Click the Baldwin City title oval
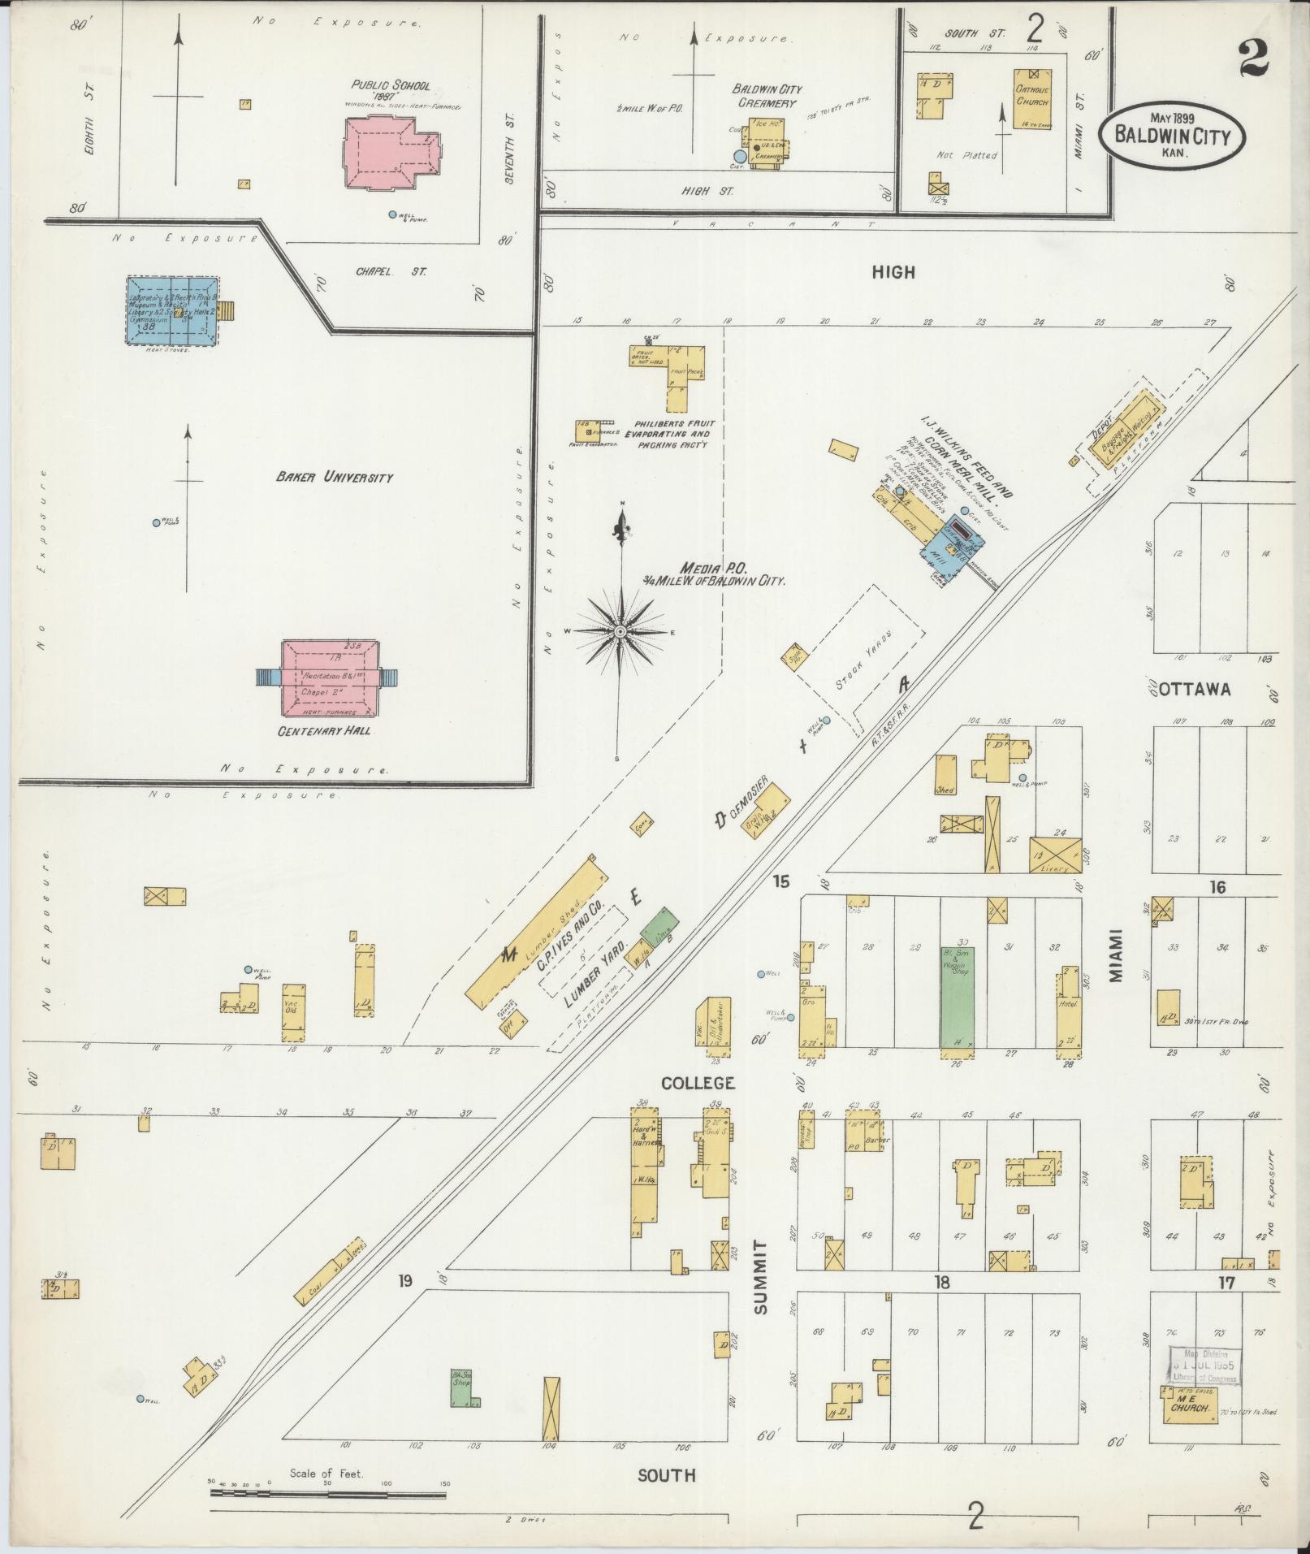(x=1171, y=134)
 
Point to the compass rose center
(x=620, y=631)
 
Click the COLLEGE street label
(x=698, y=1083)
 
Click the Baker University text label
(x=334, y=477)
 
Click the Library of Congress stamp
(x=1204, y=1366)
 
